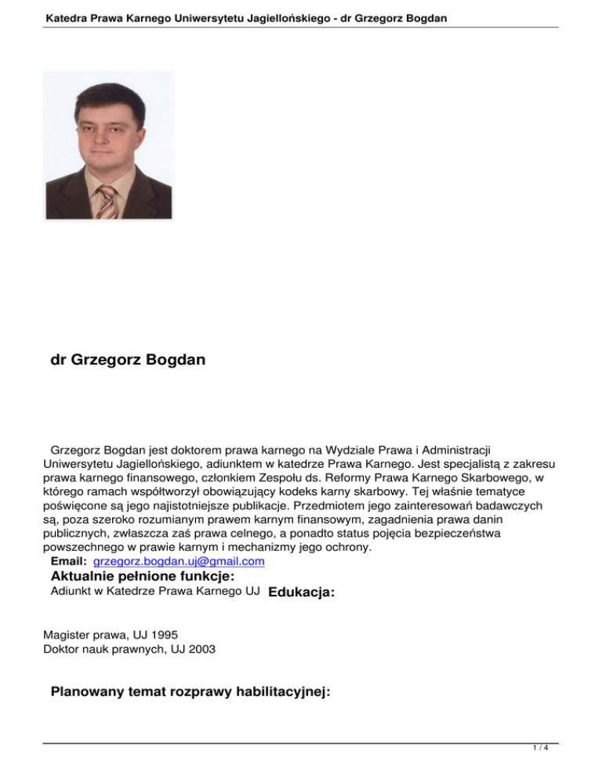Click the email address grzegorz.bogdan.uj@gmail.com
click(178, 562)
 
